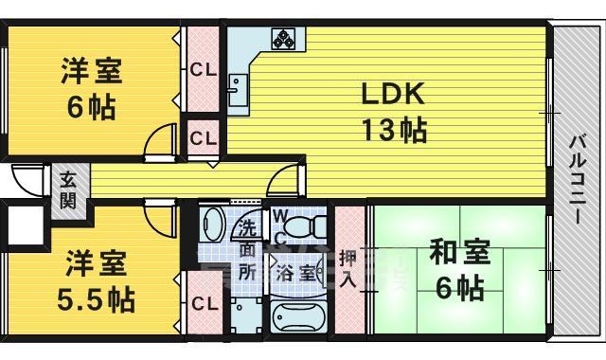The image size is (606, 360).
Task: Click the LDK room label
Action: click(396, 94)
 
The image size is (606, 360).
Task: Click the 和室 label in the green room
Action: click(461, 253)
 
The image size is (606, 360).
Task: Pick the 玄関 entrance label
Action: click(68, 189)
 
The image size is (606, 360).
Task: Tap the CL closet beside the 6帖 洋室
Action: click(201, 69)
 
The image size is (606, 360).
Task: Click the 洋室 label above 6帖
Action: click(93, 71)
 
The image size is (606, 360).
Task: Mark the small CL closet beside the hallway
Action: click(201, 137)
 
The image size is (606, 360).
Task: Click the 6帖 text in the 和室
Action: click(461, 287)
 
